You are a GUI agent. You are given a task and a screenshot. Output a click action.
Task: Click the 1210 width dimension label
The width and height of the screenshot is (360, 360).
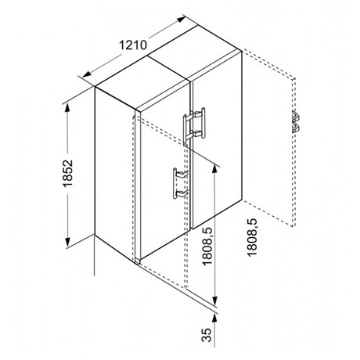coord(133,45)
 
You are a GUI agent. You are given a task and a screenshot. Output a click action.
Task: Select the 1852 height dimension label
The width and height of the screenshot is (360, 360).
coord(67,174)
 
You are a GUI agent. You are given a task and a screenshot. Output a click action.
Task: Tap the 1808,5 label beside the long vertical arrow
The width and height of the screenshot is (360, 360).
coord(207,247)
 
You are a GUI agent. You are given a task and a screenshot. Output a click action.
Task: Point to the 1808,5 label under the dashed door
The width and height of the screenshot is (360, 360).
coord(252,237)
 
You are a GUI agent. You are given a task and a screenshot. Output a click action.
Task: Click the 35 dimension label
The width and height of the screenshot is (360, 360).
coord(207,335)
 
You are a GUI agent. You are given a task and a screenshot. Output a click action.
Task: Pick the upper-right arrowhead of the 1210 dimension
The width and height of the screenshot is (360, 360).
coord(181,20)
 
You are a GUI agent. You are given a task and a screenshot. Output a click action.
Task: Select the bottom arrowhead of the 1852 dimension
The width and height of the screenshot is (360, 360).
coord(67,242)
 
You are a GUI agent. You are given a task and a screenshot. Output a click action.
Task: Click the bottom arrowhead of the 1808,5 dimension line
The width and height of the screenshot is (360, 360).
coord(214,300)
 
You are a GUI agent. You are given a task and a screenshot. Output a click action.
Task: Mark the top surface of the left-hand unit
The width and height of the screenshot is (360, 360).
coord(142,83)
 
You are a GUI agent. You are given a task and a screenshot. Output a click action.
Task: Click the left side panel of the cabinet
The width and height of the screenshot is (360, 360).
coord(115,171)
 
